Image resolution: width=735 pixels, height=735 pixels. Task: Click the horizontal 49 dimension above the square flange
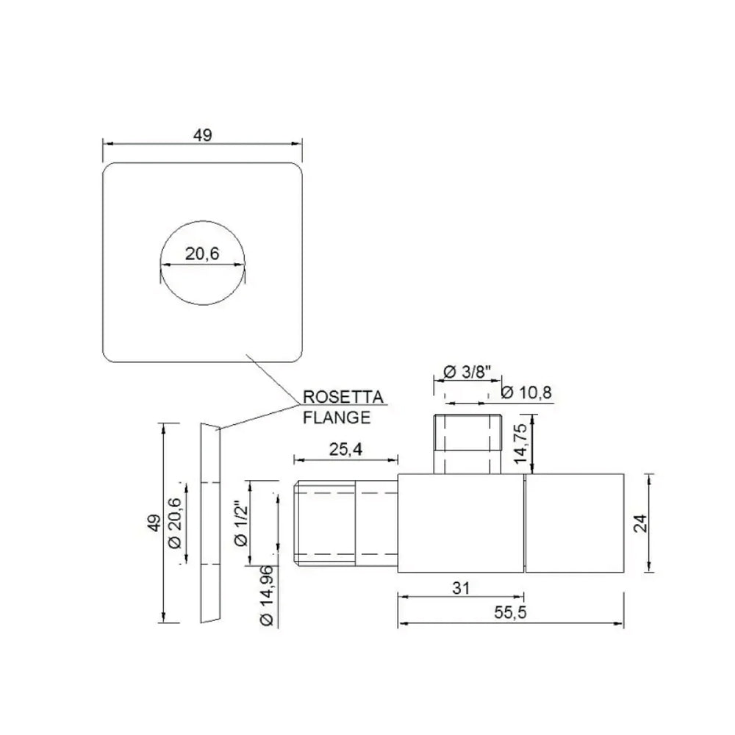click(x=203, y=135)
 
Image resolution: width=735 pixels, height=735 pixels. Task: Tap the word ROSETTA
click(x=343, y=398)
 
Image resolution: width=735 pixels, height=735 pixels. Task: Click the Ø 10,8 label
click(x=526, y=393)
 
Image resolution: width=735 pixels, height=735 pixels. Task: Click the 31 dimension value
click(x=461, y=588)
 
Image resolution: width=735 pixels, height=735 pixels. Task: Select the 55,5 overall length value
click(x=511, y=614)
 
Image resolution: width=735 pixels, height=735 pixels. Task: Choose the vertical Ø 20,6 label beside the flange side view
click(x=174, y=522)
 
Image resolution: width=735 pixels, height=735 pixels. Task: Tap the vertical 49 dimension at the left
click(x=153, y=523)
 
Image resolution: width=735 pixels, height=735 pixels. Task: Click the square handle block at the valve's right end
click(x=575, y=523)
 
